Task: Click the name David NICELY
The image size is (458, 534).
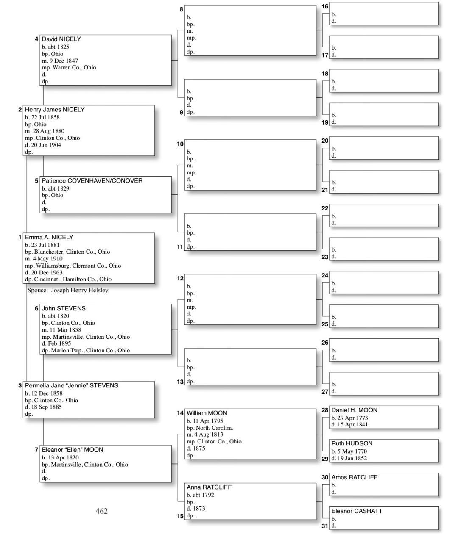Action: (x=61, y=39)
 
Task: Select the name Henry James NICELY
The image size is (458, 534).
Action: (x=54, y=109)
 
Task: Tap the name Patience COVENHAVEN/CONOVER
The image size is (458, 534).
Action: (x=92, y=180)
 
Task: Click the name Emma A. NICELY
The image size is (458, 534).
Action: (x=49, y=237)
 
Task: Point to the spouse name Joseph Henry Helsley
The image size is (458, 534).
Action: (x=80, y=290)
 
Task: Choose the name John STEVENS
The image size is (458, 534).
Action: (x=64, y=308)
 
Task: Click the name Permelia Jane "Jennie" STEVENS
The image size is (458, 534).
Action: (x=71, y=385)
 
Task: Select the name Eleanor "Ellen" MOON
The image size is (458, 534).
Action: (x=73, y=450)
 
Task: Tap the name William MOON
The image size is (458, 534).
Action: (x=207, y=413)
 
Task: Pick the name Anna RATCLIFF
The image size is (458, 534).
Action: (x=209, y=487)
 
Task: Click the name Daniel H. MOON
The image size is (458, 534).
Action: (x=354, y=410)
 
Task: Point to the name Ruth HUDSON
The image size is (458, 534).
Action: (x=352, y=443)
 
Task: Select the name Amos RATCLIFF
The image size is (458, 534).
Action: (x=354, y=477)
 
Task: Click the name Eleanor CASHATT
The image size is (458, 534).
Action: (x=357, y=511)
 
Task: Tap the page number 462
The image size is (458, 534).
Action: (x=102, y=511)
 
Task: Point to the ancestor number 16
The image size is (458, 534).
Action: (x=325, y=6)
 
